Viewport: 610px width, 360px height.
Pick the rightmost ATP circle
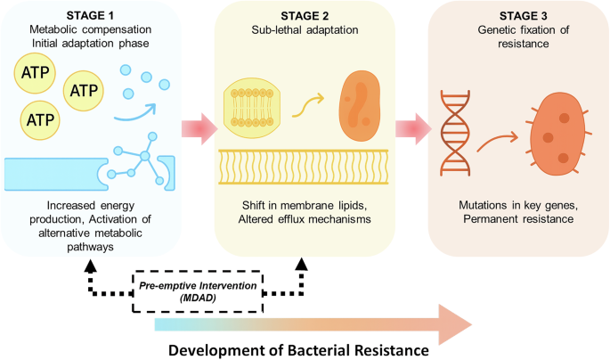click(85, 90)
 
